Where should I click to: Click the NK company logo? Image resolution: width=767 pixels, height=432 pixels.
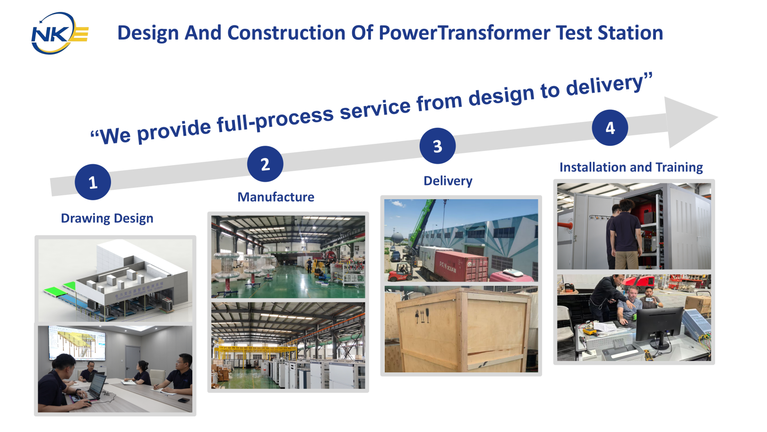click(60, 33)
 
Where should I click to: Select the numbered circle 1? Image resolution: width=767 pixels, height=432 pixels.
click(93, 182)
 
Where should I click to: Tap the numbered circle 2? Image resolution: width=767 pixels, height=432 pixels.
click(265, 164)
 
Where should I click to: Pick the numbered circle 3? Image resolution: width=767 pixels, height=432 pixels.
click(438, 146)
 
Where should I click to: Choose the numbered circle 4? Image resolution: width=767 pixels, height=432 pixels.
click(610, 128)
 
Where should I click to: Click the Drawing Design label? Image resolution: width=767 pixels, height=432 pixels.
click(107, 219)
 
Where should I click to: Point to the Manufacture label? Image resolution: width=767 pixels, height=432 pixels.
click(276, 197)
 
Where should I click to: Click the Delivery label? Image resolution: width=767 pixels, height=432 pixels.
click(448, 181)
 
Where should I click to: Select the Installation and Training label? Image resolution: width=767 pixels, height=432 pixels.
click(631, 168)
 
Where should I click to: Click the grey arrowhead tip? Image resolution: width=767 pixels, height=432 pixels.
click(718, 117)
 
